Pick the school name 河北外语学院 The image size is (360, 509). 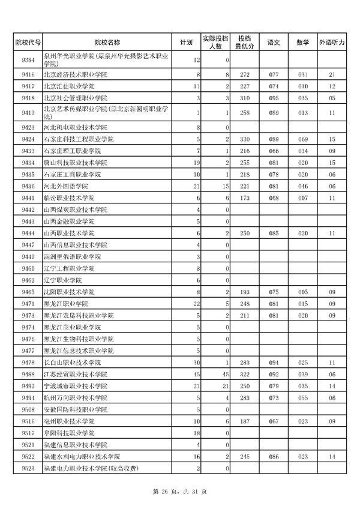[64, 186]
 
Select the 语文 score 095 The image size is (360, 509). [274, 98]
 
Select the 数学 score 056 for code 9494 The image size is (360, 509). [302, 398]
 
